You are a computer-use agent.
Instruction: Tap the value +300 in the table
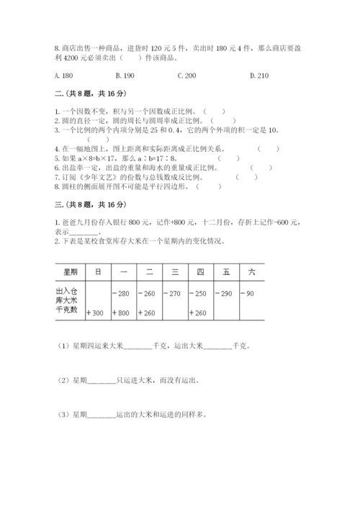click(94, 313)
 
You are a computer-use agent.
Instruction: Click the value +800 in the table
click(120, 313)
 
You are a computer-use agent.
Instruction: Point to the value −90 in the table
click(248, 293)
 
